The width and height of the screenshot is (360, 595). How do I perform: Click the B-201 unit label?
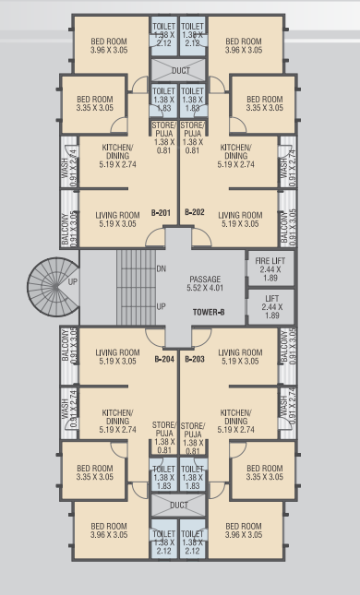coord(162,213)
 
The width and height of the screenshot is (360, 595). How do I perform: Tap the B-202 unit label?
coord(195,213)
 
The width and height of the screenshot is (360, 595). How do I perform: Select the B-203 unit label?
coord(195,358)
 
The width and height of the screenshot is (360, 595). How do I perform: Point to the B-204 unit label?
coord(163,358)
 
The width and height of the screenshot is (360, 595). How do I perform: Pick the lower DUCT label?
coord(179,505)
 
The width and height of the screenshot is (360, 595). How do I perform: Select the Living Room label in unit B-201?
coord(117,219)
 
